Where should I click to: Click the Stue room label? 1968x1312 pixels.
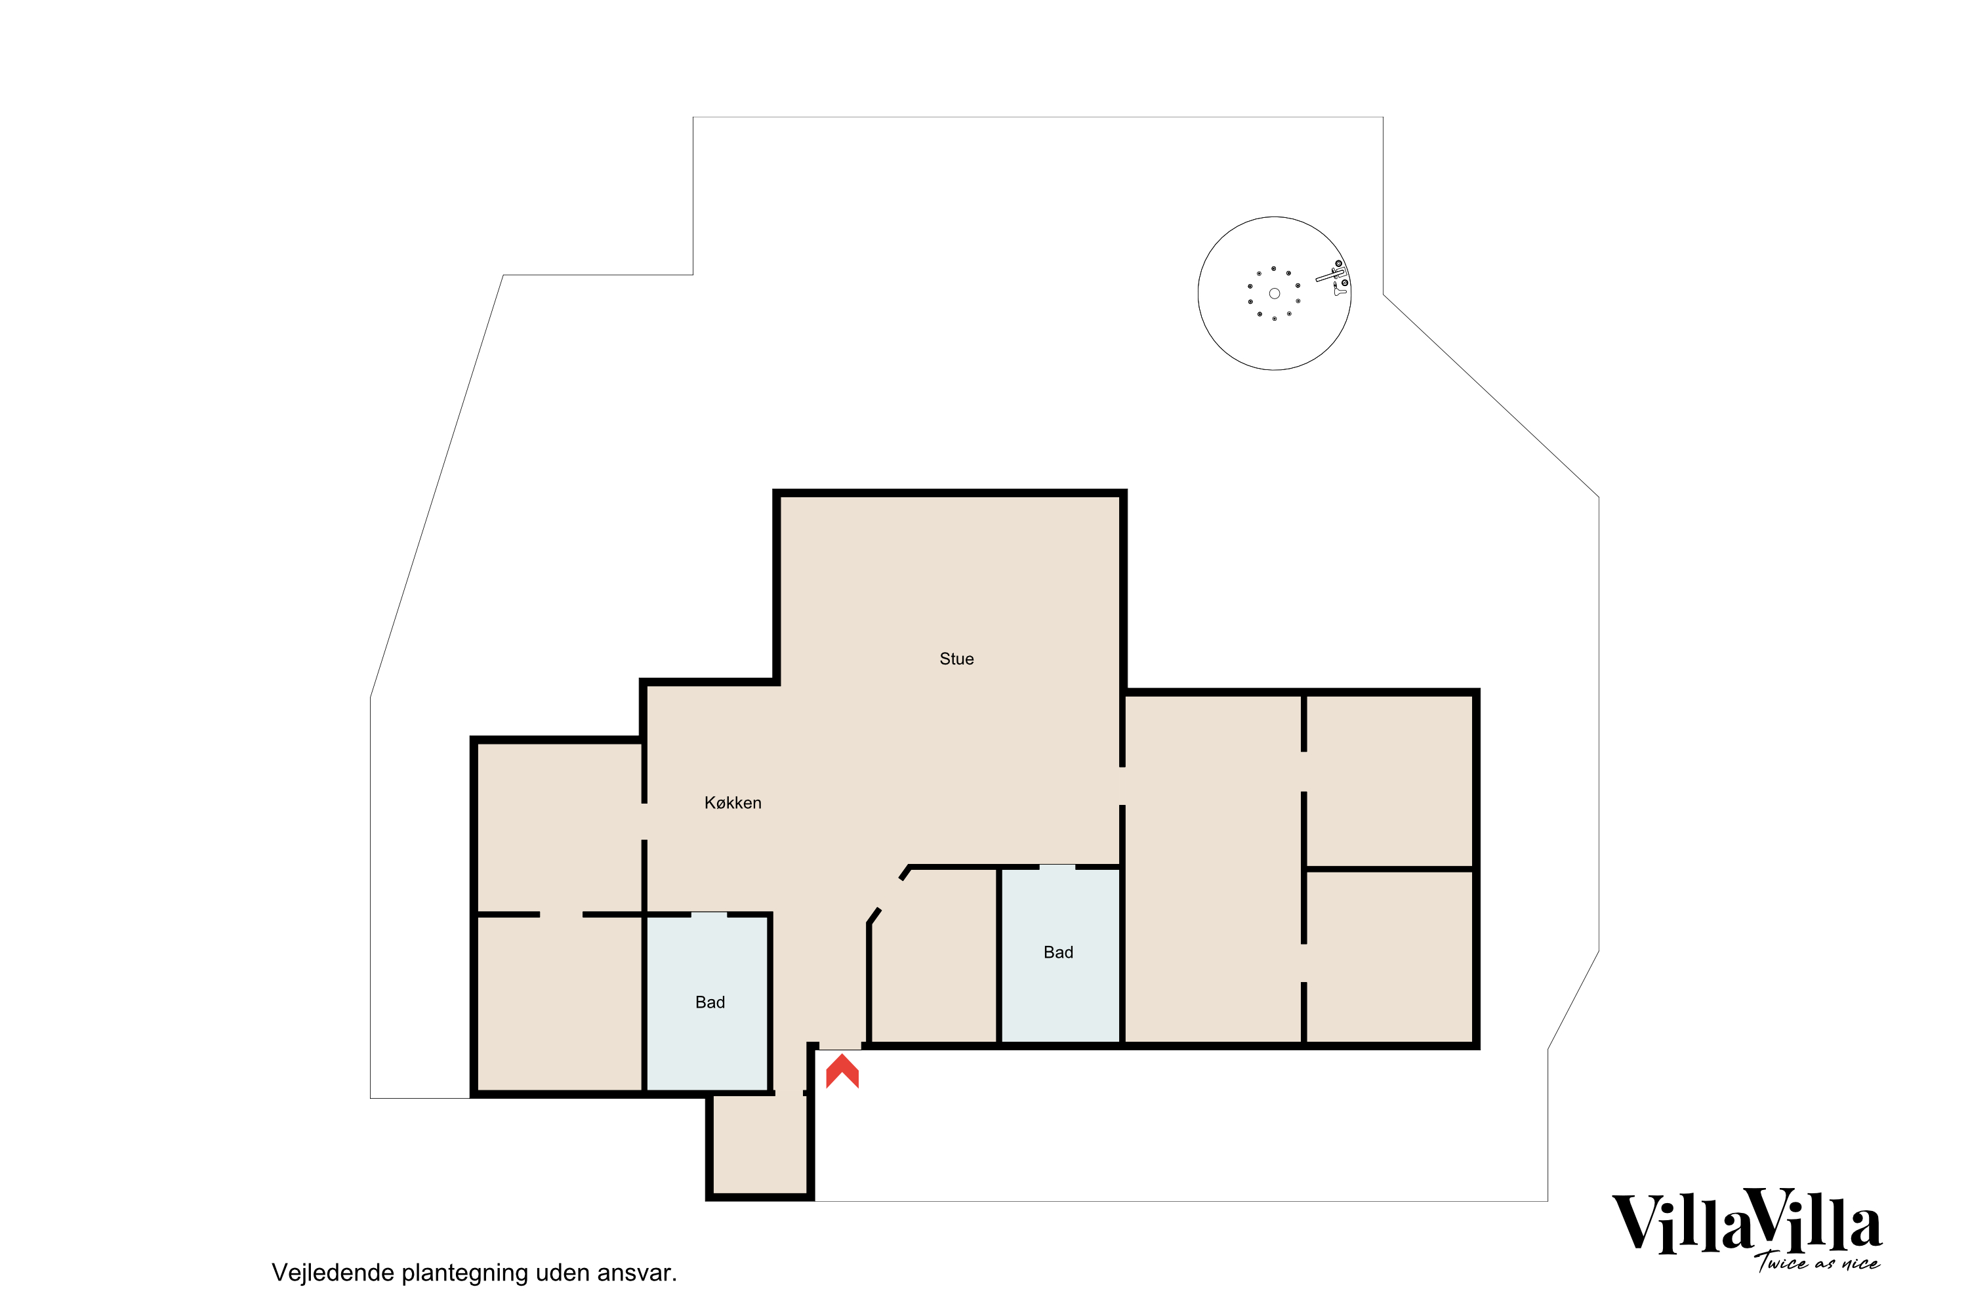pos(956,659)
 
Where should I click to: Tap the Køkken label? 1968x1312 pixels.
pos(733,803)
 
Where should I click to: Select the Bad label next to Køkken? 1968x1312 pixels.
pos(710,1002)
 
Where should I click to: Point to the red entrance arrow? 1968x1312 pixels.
pos(842,1071)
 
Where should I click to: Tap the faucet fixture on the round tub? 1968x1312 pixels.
pos(1334,274)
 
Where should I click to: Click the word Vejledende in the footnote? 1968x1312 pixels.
pos(333,1273)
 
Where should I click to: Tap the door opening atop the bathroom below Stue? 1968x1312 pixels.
pos(1057,867)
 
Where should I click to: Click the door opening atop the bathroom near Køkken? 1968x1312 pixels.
pos(708,914)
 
